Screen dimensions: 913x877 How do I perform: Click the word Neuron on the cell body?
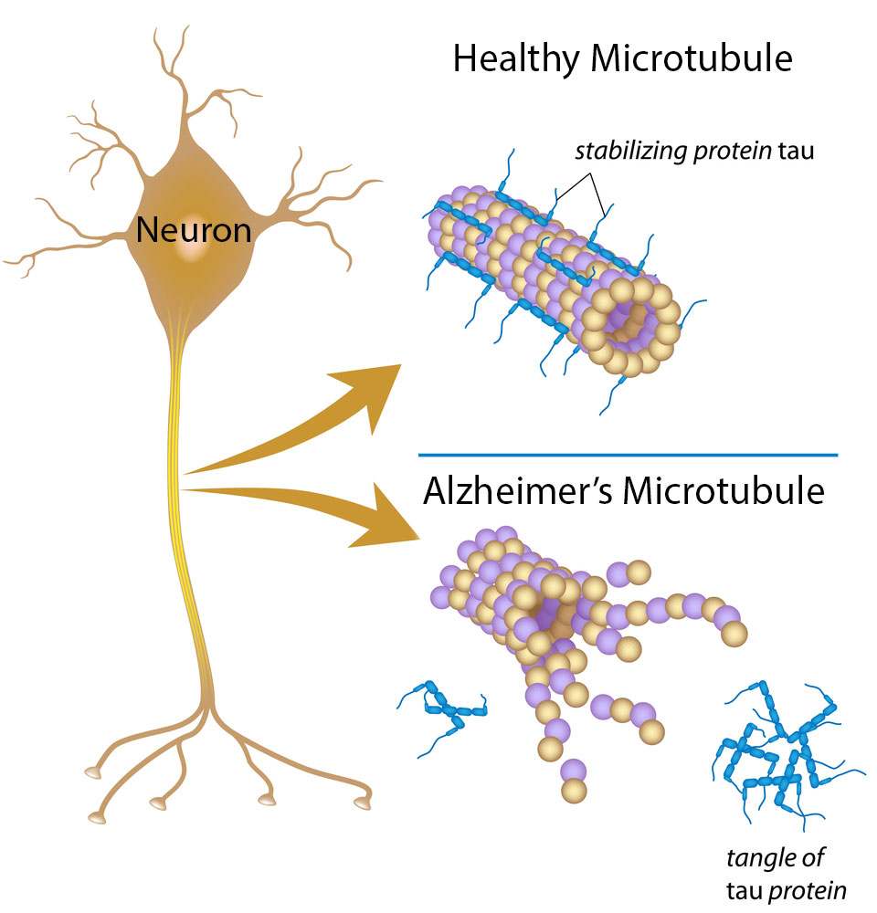coord(194,230)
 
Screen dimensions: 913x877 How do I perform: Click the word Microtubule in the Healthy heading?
coord(692,60)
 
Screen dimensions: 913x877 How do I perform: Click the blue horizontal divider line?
coord(629,454)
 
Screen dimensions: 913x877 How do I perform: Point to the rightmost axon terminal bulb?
coord(364,803)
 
